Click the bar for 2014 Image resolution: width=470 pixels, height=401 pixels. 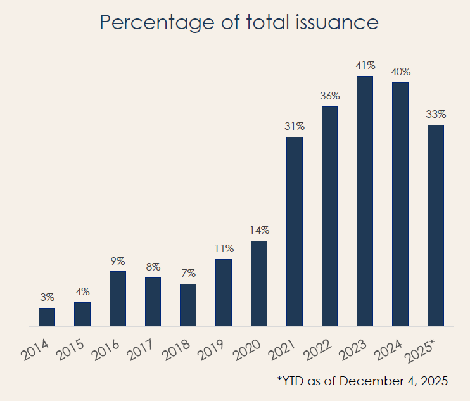pos(47,317)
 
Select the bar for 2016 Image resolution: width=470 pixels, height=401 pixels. pos(118,298)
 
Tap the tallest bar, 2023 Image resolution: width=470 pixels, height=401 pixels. pos(365,201)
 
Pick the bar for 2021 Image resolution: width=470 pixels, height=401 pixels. pos(295,231)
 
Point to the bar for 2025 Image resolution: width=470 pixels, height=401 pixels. pos(436,225)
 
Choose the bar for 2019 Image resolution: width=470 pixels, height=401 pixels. pos(224,292)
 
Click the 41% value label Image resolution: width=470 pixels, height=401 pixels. pos(365,65)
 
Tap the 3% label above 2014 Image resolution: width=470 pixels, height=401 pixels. pos(47,297)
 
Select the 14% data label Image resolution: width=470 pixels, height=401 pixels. pos(259,230)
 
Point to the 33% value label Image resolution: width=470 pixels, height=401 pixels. pos(436,114)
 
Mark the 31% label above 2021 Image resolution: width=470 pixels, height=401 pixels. pos(295,126)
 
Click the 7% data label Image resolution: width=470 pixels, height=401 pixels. pos(188,273)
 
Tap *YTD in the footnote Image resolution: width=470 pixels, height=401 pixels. pos(289,381)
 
